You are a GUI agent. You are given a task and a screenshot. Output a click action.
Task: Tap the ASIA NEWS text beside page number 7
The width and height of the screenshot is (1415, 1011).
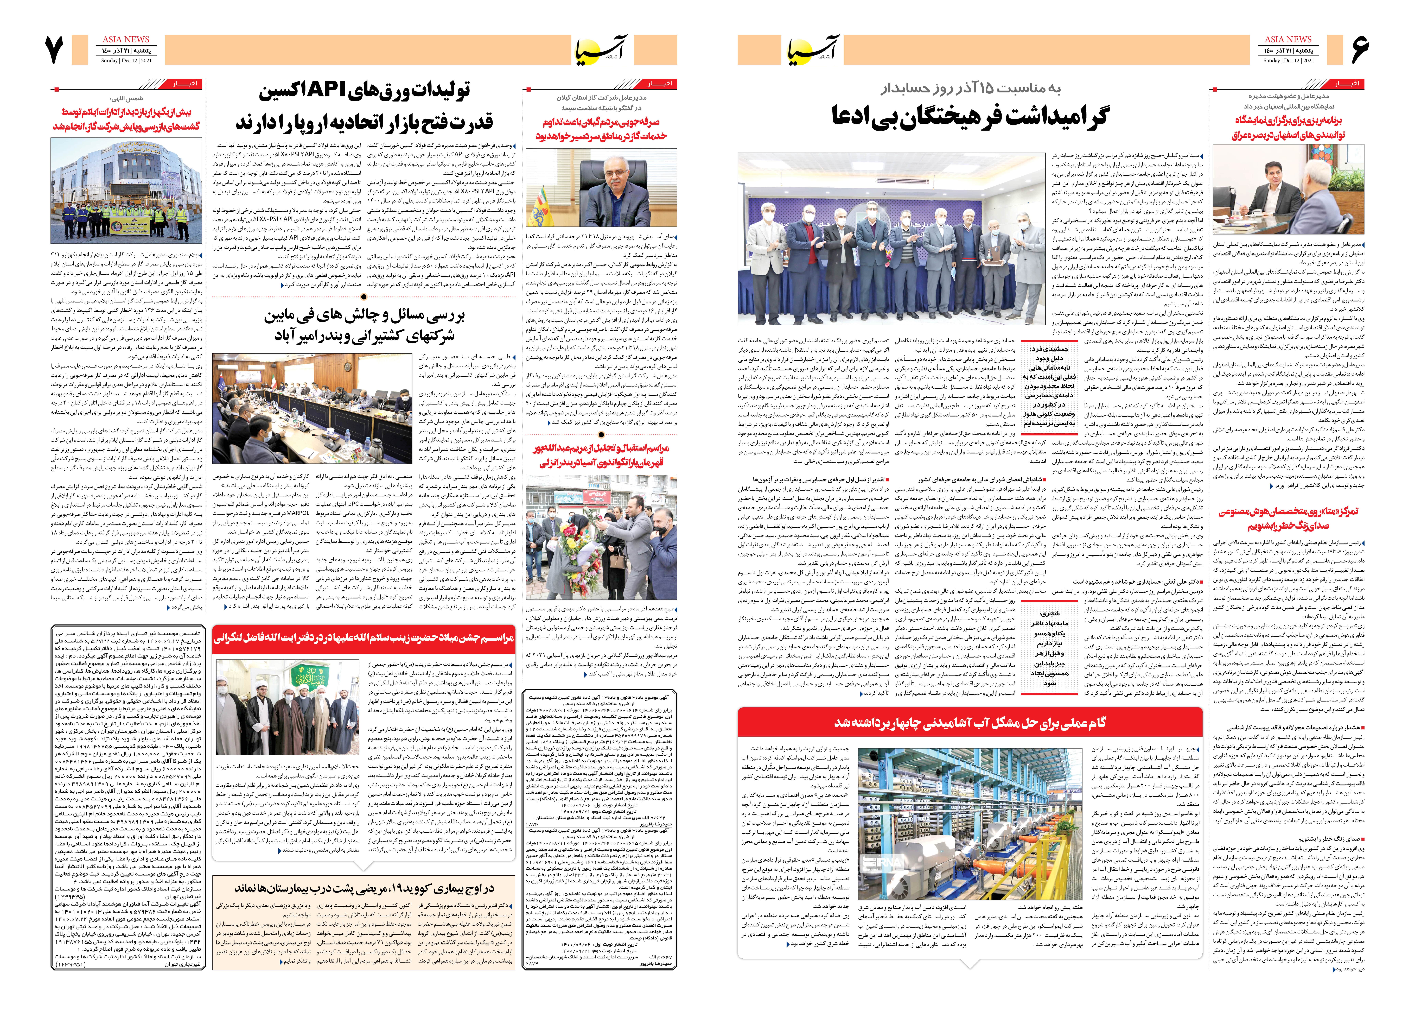point(126,39)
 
